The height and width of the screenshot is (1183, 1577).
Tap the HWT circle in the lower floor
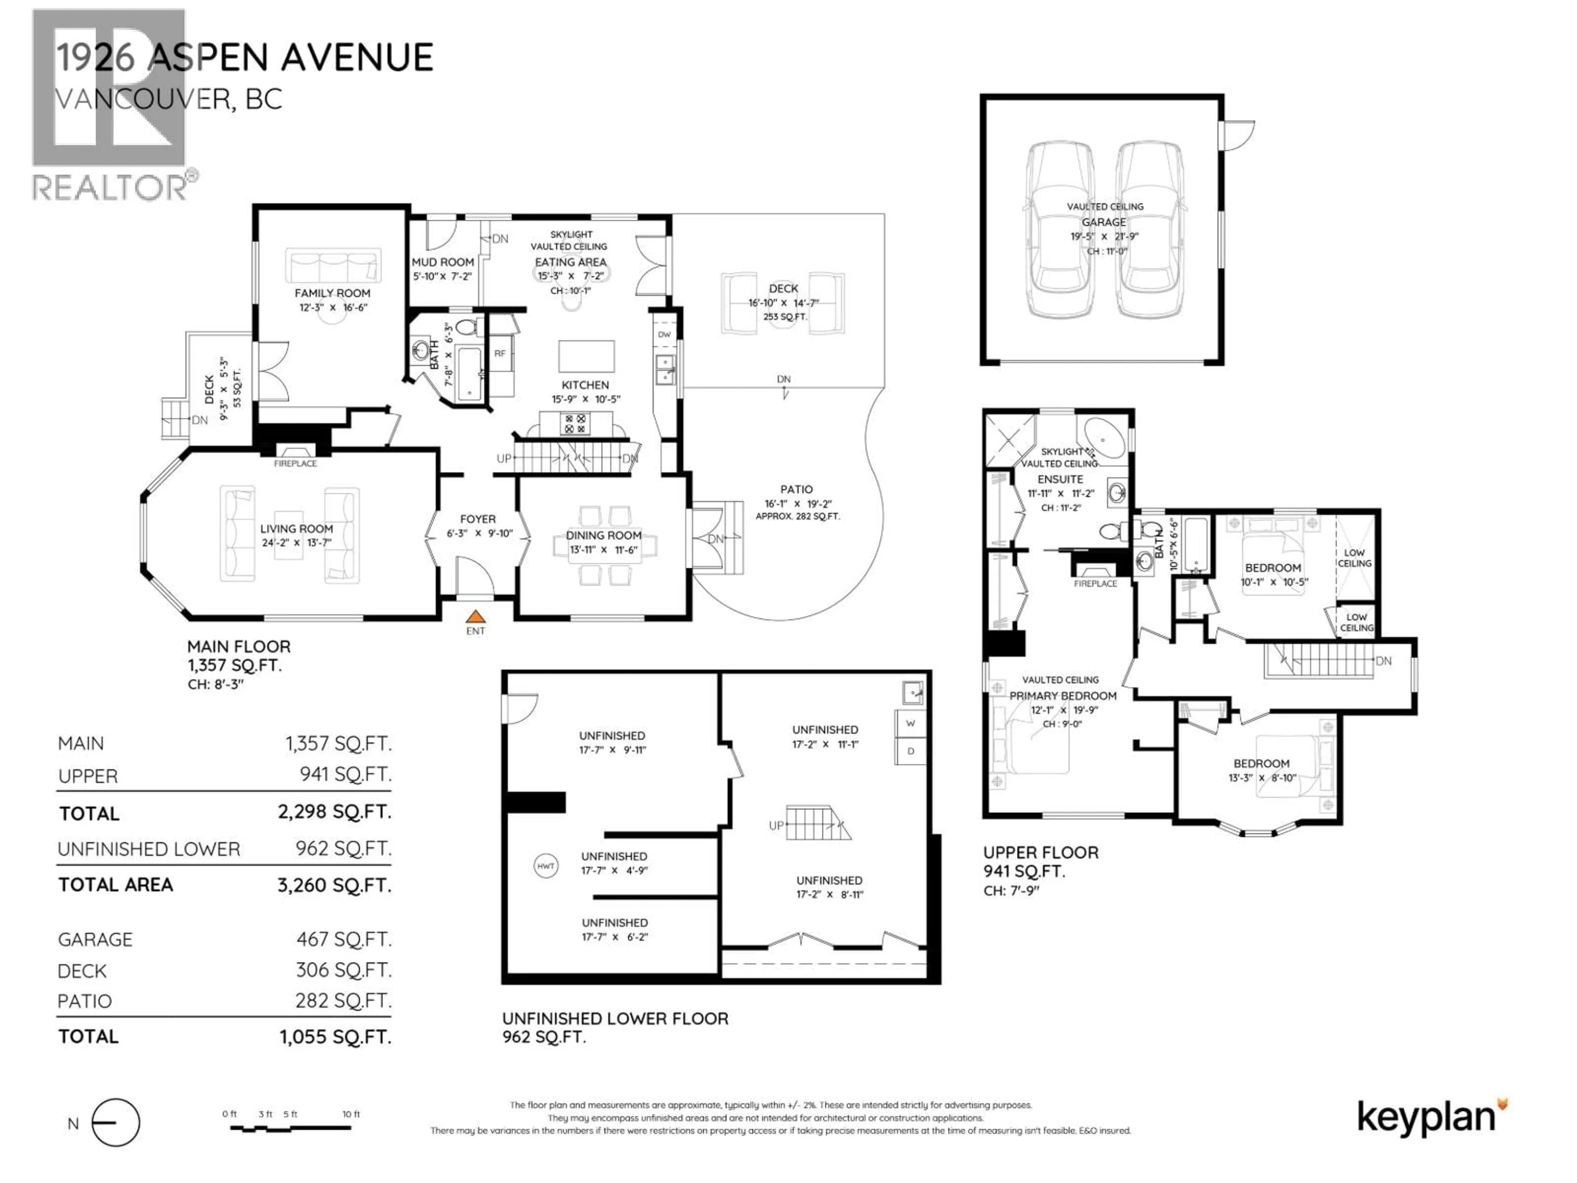pyautogui.click(x=545, y=866)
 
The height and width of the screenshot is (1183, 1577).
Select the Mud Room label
pyautogui.click(x=443, y=262)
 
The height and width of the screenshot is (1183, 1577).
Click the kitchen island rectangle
pyautogui.click(x=586, y=356)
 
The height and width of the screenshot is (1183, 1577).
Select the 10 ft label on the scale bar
pyautogui.click(x=351, y=1114)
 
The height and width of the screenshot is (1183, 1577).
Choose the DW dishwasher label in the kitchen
pyautogui.click(x=664, y=334)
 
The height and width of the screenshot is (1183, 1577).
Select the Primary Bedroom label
pyautogui.click(x=1063, y=696)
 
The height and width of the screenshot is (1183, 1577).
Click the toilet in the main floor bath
pyautogui.click(x=466, y=327)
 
